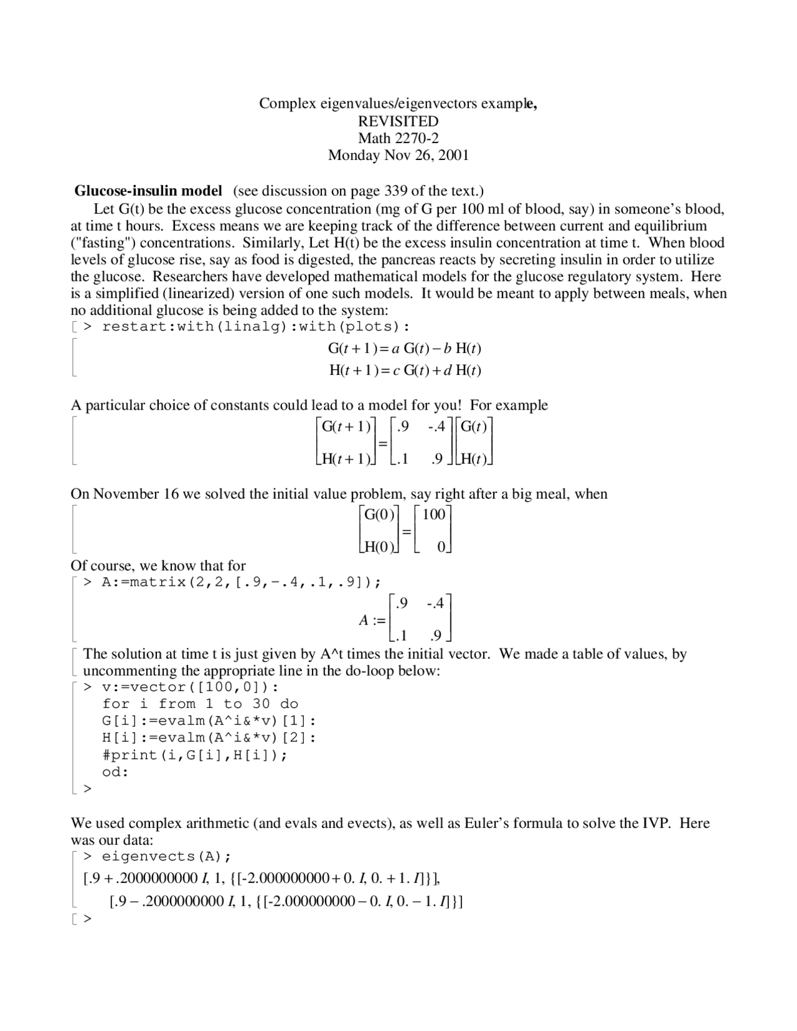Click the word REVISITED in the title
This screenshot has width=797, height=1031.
[398, 121]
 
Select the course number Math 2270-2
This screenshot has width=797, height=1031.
[398, 138]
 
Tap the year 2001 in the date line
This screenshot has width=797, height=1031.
[453, 155]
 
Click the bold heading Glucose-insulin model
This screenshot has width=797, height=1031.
[148, 191]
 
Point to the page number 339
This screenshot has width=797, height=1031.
[395, 191]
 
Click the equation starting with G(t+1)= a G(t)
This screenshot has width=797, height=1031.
[405, 349]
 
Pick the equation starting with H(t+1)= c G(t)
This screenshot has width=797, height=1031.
[405, 370]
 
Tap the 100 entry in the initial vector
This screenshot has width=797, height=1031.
[434, 514]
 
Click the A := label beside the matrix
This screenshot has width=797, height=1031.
[372, 620]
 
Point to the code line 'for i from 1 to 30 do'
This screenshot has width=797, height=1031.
[200, 704]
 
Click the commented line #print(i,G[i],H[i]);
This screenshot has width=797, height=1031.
[195, 755]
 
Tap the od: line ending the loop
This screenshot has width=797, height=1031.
[115, 772]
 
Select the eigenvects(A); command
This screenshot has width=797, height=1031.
[166, 857]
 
